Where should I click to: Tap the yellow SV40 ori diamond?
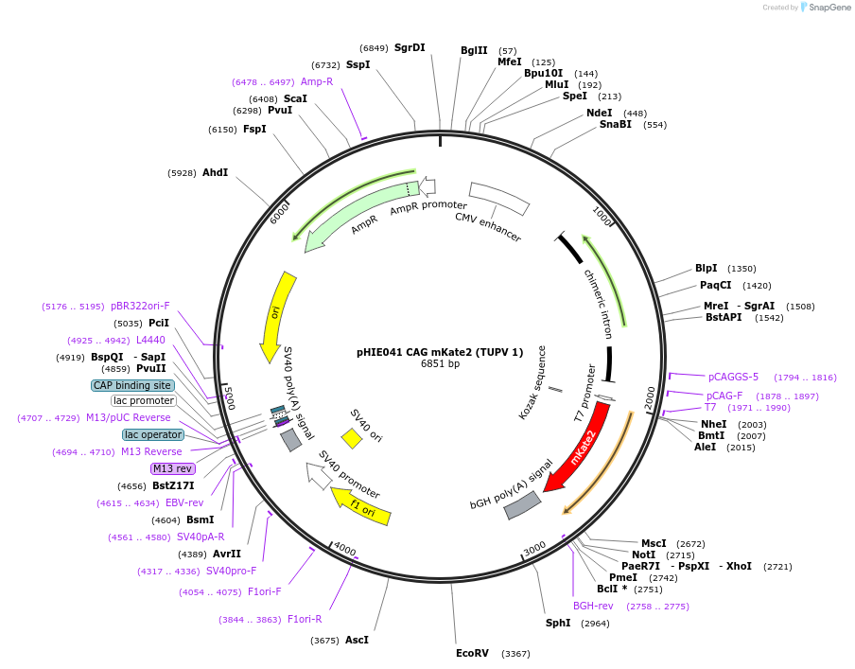click(352, 438)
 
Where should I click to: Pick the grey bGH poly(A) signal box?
click(522, 505)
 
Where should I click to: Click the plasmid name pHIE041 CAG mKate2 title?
click(440, 352)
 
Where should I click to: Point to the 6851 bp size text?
click(440, 364)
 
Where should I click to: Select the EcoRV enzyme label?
click(472, 653)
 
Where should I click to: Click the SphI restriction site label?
click(558, 623)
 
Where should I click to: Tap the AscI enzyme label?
click(357, 640)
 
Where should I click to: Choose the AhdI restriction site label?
click(215, 172)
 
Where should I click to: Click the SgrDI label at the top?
click(410, 47)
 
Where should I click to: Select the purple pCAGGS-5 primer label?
click(733, 377)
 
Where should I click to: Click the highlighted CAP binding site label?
click(132, 385)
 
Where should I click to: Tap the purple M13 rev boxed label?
click(172, 468)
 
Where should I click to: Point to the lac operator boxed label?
click(153, 434)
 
